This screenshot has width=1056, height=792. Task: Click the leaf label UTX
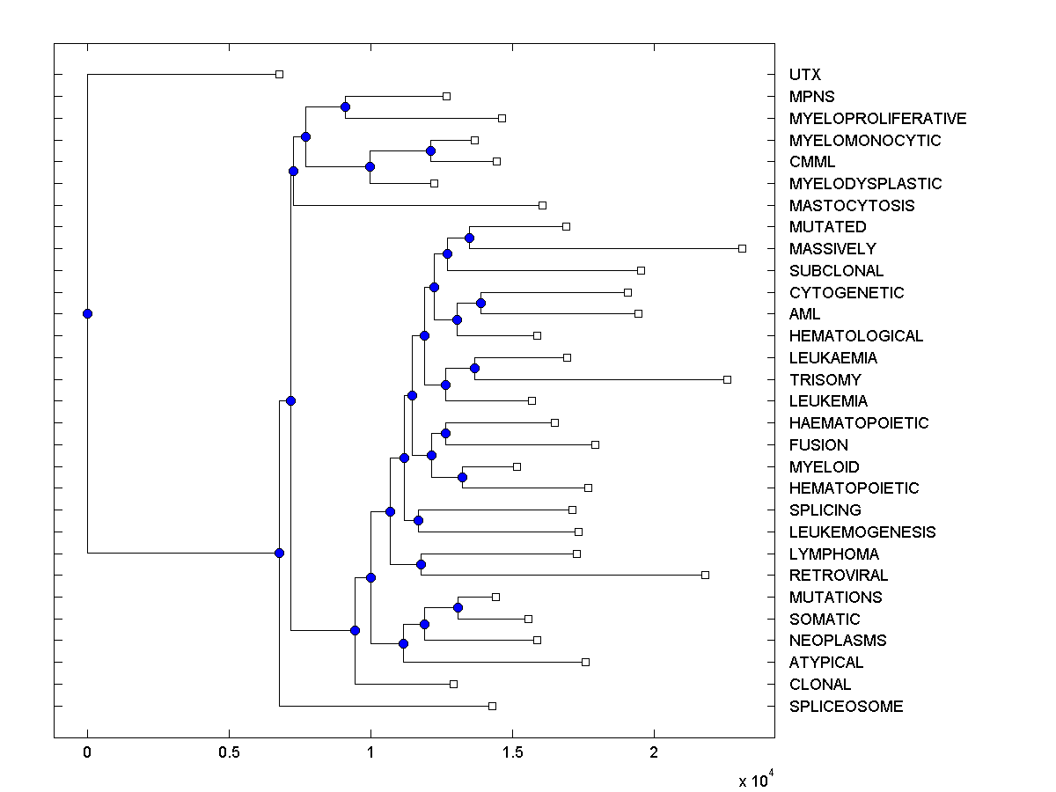point(805,75)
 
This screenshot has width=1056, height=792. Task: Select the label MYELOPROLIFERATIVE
point(877,118)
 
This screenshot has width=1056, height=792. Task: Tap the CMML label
point(812,162)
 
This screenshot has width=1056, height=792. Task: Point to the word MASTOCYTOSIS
point(852,206)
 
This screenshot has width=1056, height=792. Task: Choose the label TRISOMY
point(825,379)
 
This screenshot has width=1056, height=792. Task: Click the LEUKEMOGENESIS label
point(862,532)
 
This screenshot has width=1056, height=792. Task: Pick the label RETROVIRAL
point(839,576)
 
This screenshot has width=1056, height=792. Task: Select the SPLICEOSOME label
point(846,706)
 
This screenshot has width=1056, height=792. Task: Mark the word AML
point(805,314)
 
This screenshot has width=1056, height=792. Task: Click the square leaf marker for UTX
point(279,74)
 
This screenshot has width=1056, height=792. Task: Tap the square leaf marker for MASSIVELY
point(742,248)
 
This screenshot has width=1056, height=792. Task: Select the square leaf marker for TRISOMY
point(727,379)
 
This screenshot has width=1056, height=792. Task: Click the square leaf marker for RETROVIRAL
point(705,575)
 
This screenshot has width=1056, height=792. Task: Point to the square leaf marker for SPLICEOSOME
point(492,706)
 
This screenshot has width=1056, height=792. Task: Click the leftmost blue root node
point(87,313)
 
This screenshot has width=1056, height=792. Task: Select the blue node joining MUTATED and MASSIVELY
point(469,238)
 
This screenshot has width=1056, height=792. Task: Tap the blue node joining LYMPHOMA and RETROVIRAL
point(421,564)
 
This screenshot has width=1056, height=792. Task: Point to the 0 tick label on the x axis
point(87,753)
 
